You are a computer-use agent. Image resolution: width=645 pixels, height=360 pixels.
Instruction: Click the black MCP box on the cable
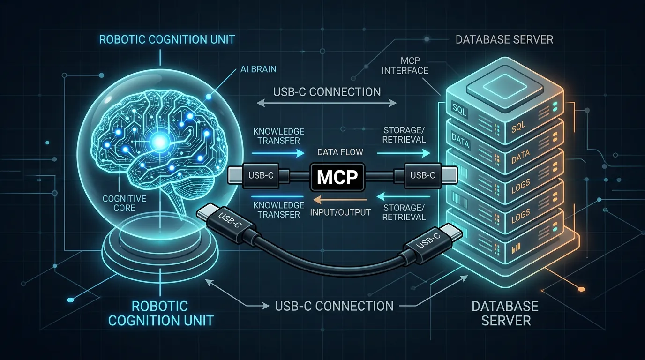click(337, 177)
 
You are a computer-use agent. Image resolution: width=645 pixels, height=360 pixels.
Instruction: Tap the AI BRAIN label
click(258, 69)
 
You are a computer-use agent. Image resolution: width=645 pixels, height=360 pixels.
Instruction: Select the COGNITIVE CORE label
click(124, 203)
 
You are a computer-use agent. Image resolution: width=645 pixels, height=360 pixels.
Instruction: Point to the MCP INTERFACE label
click(405, 66)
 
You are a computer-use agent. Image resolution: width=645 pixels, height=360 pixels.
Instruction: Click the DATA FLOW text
click(340, 152)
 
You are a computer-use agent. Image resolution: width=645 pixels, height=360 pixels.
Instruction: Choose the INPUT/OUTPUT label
click(340, 212)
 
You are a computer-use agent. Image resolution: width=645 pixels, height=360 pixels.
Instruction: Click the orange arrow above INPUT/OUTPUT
click(340, 199)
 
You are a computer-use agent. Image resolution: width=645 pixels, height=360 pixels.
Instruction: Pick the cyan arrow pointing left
click(404, 197)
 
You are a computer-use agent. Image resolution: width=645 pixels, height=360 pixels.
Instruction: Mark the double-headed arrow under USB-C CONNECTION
click(326, 103)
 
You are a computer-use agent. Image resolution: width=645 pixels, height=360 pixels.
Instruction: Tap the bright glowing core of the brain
click(159, 142)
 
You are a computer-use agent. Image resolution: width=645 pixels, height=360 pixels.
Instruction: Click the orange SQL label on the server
click(518, 127)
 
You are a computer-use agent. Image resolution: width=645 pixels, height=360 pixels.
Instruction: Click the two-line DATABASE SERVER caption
click(505, 313)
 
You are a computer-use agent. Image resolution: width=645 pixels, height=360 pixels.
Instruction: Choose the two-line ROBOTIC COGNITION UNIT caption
click(161, 313)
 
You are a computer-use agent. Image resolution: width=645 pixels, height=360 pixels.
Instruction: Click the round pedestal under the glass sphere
click(160, 254)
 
